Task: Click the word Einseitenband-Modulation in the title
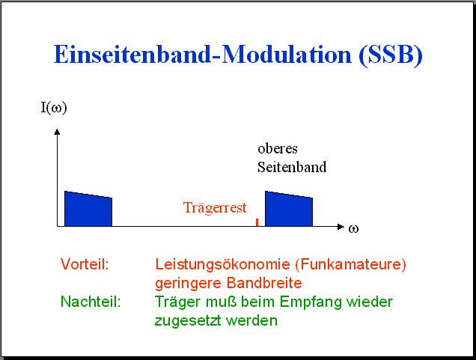pyautogui.click(x=203, y=54)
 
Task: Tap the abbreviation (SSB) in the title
pyautogui.click(x=391, y=55)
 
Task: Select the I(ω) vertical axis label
pyautogui.click(x=54, y=108)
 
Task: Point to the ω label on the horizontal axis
pyautogui.click(x=354, y=228)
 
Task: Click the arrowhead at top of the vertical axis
pyautogui.click(x=57, y=132)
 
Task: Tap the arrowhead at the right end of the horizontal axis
pyautogui.click(x=341, y=227)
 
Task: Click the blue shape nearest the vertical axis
pyautogui.click(x=88, y=209)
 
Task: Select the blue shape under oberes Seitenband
pyautogui.click(x=289, y=209)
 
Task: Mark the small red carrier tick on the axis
pyautogui.click(x=257, y=222)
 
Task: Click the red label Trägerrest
pyautogui.click(x=215, y=208)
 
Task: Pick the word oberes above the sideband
pyautogui.click(x=278, y=149)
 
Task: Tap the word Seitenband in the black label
pyautogui.click(x=292, y=167)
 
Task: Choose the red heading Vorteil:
pyautogui.click(x=85, y=264)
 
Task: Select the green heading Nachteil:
pyautogui.click(x=91, y=302)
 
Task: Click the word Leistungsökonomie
pyautogui.click(x=222, y=265)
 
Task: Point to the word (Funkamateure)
pyautogui.click(x=350, y=265)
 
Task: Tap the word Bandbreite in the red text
pyautogui.click(x=264, y=283)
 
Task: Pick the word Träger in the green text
pyautogui.click(x=178, y=302)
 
